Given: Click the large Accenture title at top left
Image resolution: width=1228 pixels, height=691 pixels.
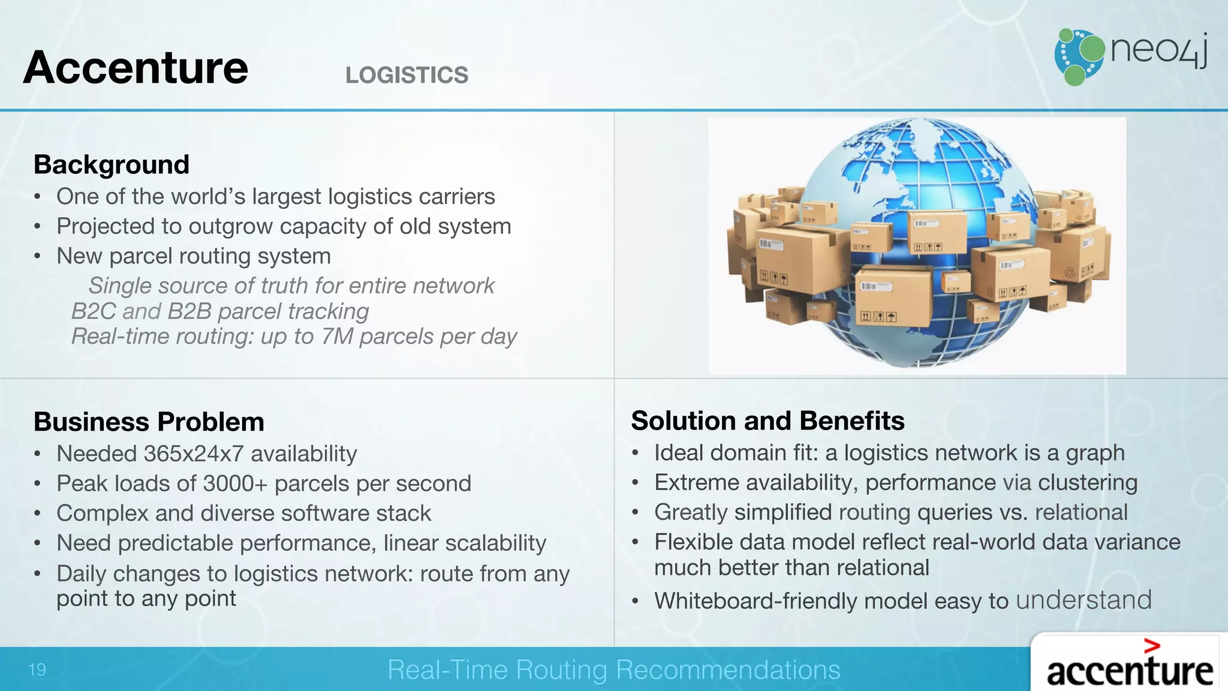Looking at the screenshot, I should click(x=136, y=68).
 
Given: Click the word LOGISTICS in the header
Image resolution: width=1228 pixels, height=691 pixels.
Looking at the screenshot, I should click(x=407, y=76).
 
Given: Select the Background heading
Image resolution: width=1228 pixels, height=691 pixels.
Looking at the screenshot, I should click(x=112, y=165).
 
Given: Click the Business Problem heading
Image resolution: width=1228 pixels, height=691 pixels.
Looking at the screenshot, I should click(x=149, y=422).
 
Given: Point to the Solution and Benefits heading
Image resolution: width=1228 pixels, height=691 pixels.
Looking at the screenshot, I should click(x=767, y=420).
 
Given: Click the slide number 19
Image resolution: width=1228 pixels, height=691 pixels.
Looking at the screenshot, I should click(x=37, y=669).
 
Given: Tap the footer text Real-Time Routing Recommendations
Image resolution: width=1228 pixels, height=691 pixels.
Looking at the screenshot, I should click(x=613, y=669).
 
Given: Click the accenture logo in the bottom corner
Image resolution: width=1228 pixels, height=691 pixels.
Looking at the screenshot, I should click(x=1129, y=671).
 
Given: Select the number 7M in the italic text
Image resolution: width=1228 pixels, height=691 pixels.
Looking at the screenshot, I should click(x=337, y=337).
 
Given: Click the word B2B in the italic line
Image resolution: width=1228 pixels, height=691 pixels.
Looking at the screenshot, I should click(x=189, y=311).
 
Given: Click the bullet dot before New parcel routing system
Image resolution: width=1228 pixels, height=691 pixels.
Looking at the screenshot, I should click(x=38, y=257).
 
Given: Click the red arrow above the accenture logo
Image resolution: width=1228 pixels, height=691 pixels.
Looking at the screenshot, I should click(x=1151, y=646).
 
